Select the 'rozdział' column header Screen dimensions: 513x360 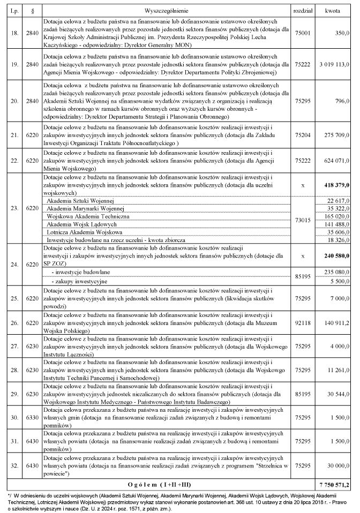tap(303, 10)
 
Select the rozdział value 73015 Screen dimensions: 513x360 tap(303, 220)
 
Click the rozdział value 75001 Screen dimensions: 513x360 tap(303, 33)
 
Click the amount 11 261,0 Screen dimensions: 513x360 tap(338, 369)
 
